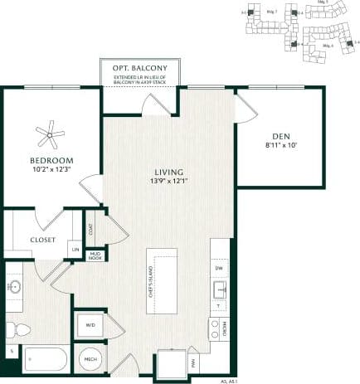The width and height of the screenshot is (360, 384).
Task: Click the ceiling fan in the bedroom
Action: click(x=51, y=130)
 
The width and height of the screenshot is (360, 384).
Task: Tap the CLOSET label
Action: click(x=42, y=240)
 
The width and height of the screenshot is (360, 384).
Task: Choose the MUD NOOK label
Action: click(x=95, y=256)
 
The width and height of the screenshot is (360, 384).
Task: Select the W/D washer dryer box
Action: click(x=90, y=326)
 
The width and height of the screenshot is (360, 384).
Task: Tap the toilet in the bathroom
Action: click(x=19, y=330)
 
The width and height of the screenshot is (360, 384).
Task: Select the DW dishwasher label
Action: click(x=220, y=270)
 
